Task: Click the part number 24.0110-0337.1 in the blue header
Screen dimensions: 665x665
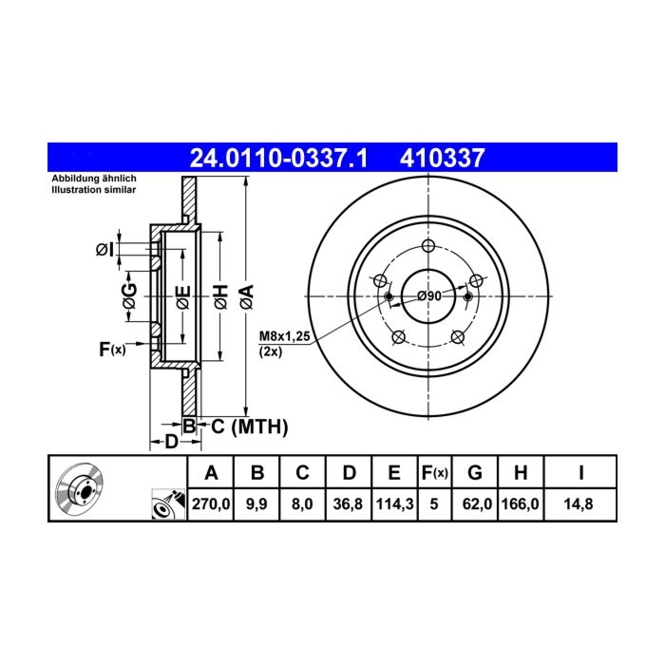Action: (x=278, y=159)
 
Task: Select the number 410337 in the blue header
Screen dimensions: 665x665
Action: (x=442, y=159)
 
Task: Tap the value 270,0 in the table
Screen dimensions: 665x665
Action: (x=211, y=503)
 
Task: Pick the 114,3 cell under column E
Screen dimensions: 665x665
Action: (x=394, y=503)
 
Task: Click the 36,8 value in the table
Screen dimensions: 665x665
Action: (x=348, y=503)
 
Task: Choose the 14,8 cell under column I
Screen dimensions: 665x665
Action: (x=578, y=503)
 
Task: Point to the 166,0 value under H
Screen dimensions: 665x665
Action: (x=520, y=503)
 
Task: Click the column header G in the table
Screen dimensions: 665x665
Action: (x=475, y=472)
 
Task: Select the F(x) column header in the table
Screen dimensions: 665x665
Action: (x=434, y=472)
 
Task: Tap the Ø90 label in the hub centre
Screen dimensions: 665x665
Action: (x=429, y=295)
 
